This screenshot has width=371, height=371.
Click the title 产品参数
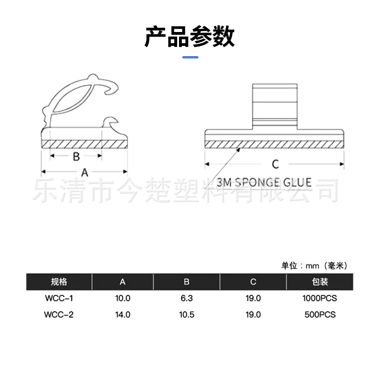[190, 37]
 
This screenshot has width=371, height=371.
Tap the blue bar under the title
[190, 57]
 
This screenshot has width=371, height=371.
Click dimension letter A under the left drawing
[85, 173]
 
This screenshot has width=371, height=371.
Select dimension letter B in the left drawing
[77, 156]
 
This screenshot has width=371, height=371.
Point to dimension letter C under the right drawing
[275, 164]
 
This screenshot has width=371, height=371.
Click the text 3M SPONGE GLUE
[264, 182]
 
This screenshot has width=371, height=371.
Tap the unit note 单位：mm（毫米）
[314, 266]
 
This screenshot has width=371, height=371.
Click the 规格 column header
[59, 282]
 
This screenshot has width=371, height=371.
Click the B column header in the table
[186, 282]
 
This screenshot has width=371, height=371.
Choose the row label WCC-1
[59, 298]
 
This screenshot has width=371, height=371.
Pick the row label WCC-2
[59, 314]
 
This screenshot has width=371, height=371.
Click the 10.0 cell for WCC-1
[123, 298]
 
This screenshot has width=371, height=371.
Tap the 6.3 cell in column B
[186, 298]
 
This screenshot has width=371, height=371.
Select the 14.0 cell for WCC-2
[123, 314]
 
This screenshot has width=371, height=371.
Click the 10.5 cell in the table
[186, 314]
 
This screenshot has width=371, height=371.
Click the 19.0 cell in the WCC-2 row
[253, 314]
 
